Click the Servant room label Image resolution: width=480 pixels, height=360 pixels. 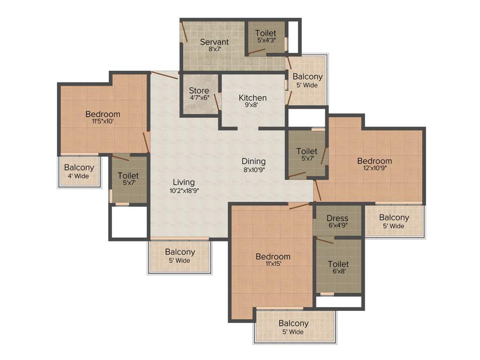(x=214, y=42)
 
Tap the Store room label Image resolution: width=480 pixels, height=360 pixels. (x=199, y=90)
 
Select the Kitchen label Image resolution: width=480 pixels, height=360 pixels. (x=253, y=97)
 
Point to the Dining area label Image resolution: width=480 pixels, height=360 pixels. (x=254, y=161)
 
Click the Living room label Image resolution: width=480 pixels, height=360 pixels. (x=183, y=182)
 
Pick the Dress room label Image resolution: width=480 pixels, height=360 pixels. (x=337, y=218)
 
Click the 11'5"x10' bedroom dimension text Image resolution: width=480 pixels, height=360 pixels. (x=103, y=121)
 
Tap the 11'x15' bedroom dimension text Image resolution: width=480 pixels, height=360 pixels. (x=273, y=264)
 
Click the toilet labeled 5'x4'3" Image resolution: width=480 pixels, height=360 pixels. (x=265, y=33)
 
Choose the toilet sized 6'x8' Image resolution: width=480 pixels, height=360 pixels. (x=338, y=264)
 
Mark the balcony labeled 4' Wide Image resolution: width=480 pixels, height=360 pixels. (x=79, y=167)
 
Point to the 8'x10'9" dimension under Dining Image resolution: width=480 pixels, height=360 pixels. (x=254, y=169)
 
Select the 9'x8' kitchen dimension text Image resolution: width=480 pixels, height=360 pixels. (x=253, y=105)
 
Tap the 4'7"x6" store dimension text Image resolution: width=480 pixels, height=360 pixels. (x=199, y=98)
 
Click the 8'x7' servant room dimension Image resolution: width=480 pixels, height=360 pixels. (x=214, y=49)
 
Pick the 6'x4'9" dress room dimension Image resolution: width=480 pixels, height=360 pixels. (x=337, y=225)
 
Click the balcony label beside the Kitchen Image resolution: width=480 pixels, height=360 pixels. (x=307, y=76)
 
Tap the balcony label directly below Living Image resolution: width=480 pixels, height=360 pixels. (x=180, y=252)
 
